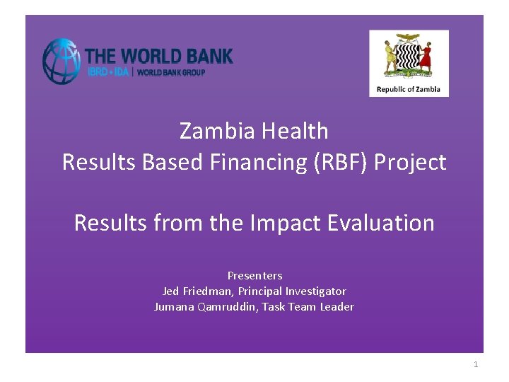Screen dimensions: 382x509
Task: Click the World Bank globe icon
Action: point(62,62)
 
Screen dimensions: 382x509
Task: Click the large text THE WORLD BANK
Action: point(158,55)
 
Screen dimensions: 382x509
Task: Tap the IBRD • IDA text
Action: point(107,72)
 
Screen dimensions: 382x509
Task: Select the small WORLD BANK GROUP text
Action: point(171,72)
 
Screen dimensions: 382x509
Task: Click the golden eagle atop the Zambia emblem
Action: point(408,38)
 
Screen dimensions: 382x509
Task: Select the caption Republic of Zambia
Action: point(409,89)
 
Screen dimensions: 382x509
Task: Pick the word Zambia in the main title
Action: point(214,131)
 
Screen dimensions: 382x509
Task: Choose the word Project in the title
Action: point(410,162)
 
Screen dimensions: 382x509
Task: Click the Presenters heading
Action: point(255,275)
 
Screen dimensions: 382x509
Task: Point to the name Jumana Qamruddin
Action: point(206,306)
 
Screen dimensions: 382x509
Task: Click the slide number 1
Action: point(476,364)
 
